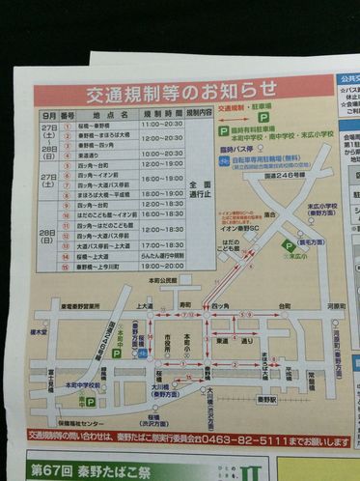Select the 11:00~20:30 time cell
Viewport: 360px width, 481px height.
[161, 125]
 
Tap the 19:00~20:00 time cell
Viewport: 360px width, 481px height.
[161, 266]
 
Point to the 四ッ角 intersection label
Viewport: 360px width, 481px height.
[221, 306]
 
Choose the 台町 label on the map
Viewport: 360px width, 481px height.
[284, 306]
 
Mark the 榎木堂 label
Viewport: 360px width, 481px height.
[39, 331]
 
